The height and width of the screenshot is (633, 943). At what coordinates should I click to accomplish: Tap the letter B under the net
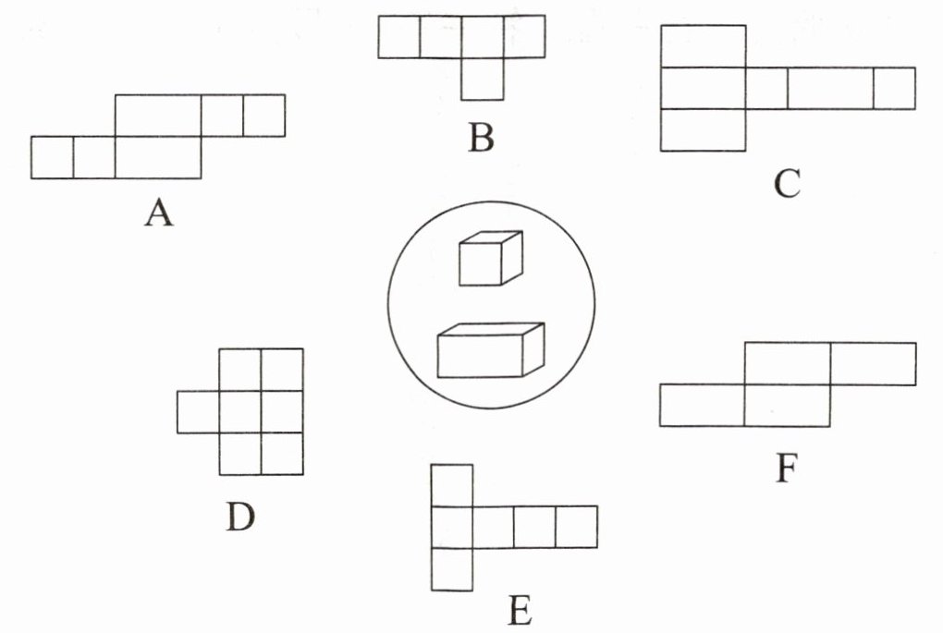[x=481, y=138]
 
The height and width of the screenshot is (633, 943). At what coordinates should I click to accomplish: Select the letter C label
[x=787, y=185]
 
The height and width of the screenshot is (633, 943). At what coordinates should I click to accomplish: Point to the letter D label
[x=239, y=517]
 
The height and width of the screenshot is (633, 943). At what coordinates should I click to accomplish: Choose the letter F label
[x=786, y=469]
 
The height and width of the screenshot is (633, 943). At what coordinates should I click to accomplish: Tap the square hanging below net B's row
[x=483, y=79]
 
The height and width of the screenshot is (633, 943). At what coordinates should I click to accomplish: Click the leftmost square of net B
[x=399, y=37]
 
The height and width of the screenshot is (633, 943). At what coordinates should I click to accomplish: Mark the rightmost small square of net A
[x=263, y=116]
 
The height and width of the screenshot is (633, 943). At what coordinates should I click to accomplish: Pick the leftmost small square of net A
[x=52, y=157]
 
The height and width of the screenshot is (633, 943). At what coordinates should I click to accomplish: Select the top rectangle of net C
[x=703, y=46]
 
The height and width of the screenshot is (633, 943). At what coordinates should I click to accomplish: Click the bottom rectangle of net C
[x=703, y=129]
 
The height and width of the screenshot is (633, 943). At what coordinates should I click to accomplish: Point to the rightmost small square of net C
[x=894, y=88]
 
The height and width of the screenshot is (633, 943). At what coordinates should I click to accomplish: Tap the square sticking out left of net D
[x=198, y=411]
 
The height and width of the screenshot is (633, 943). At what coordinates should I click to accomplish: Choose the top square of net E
[x=452, y=485]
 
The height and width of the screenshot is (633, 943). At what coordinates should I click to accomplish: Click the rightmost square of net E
[x=576, y=527]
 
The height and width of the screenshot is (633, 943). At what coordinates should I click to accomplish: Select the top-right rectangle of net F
[x=873, y=363]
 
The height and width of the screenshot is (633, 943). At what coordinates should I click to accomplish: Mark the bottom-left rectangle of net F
[x=702, y=406]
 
